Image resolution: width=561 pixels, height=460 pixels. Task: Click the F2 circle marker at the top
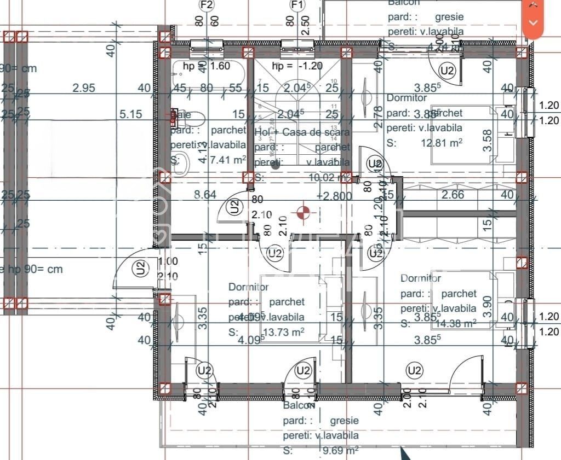point(207,5)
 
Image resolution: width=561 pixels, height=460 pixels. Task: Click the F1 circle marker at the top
point(297,5)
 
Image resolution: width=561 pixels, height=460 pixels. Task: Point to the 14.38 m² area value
point(455,323)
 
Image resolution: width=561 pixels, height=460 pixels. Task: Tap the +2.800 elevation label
point(331,195)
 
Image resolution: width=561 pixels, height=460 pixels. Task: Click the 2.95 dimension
point(84,88)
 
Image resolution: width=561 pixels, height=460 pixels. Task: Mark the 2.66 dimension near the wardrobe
point(453,194)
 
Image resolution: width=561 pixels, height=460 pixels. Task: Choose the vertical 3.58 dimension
point(488,141)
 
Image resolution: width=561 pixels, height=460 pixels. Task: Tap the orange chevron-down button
point(534,22)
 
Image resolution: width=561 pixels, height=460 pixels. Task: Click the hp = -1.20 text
point(297,66)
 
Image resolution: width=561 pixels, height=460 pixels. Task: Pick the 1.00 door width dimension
point(168,262)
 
